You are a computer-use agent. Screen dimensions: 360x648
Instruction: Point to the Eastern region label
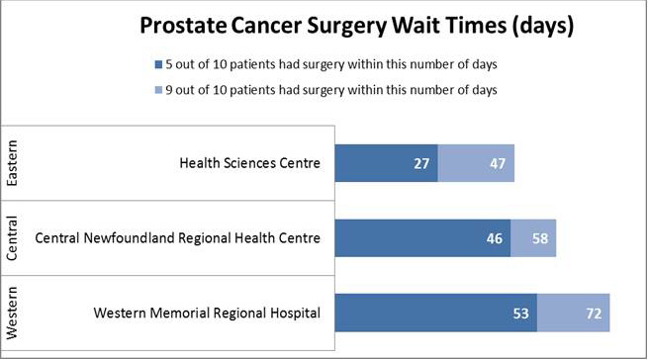coord(13,163)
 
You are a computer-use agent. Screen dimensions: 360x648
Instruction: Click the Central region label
coord(13,238)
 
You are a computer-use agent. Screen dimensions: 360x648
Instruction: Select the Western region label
coord(13,313)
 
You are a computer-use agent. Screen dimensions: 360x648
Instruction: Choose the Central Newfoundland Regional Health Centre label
coord(178,238)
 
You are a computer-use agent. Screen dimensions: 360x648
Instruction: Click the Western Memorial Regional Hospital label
coord(207,314)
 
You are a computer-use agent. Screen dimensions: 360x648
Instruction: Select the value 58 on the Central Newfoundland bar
coord(540,239)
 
